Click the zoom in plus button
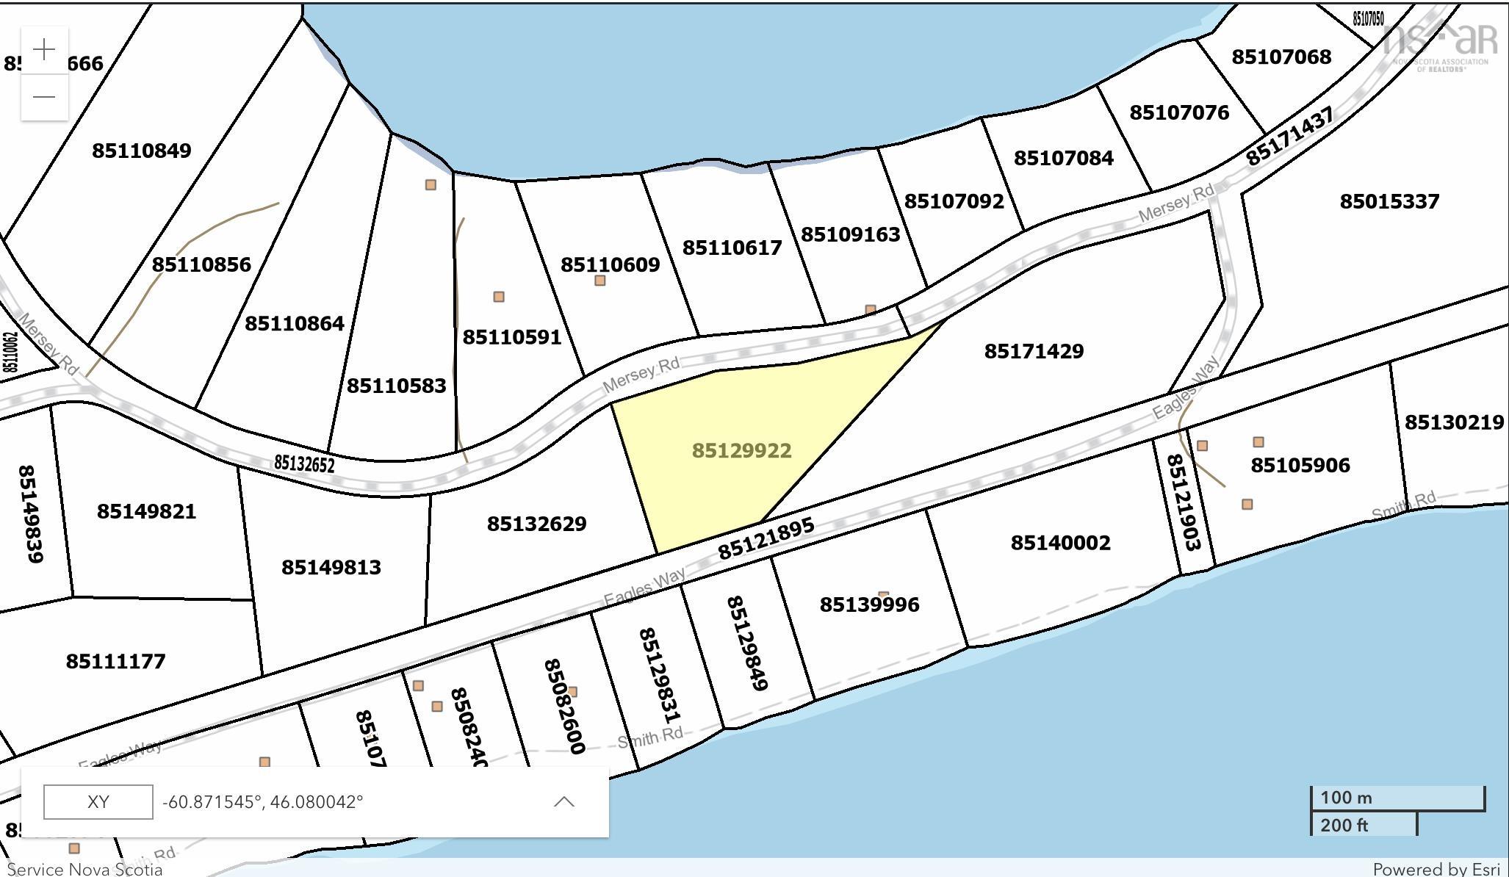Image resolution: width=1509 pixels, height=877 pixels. click(x=45, y=50)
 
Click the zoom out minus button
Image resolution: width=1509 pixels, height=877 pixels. click(x=45, y=96)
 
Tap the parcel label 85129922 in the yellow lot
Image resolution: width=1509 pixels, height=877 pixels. click(x=741, y=450)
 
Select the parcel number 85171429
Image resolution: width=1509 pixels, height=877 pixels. click(x=1034, y=351)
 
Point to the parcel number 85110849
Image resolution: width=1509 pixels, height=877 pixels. click(x=141, y=151)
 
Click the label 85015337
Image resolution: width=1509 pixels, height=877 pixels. click(x=1389, y=201)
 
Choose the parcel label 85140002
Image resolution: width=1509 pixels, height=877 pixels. click(x=1060, y=543)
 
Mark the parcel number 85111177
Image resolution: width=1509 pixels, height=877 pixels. click(x=115, y=661)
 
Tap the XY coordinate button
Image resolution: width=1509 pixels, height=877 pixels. click(x=98, y=801)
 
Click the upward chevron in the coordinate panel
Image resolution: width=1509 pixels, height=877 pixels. click(x=563, y=801)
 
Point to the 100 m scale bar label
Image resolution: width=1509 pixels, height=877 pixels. click(x=1346, y=798)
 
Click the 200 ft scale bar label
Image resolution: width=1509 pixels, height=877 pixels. click(x=1344, y=826)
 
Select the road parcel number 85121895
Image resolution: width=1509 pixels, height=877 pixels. click(x=766, y=539)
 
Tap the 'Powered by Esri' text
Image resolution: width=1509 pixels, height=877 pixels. click(x=1435, y=869)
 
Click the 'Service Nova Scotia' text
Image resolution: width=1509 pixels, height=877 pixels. click(x=84, y=869)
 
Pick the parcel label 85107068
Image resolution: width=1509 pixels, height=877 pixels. click(x=1281, y=57)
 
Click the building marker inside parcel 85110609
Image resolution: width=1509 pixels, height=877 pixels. click(x=600, y=281)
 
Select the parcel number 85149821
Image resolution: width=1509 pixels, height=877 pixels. click(x=146, y=511)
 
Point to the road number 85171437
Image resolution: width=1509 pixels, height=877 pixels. click(x=1289, y=137)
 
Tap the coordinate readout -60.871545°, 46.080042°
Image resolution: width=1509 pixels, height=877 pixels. click(x=262, y=801)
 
